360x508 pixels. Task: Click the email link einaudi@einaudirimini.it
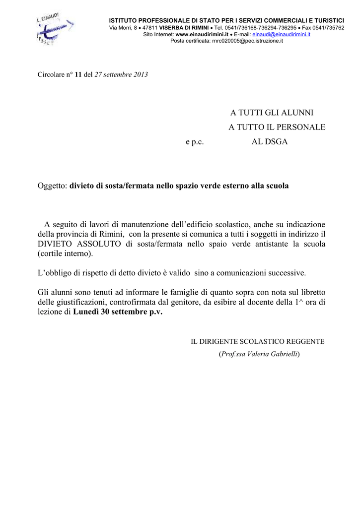click(x=281, y=34)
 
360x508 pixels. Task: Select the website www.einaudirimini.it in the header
click(x=202, y=34)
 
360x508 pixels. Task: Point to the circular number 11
click(x=78, y=74)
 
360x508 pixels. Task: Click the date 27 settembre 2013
click(x=121, y=74)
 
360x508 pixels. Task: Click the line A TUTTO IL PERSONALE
click(x=277, y=127)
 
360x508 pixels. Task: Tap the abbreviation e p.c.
click(x=195, y=141)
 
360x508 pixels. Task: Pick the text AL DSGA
click(x=270, y=141)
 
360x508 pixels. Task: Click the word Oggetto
click(x=52, y=186)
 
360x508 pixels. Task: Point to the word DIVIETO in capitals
click(x=57, y=244)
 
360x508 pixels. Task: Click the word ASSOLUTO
click(x=103, y=244)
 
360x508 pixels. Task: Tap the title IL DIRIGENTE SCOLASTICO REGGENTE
click(x=258, y=341)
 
